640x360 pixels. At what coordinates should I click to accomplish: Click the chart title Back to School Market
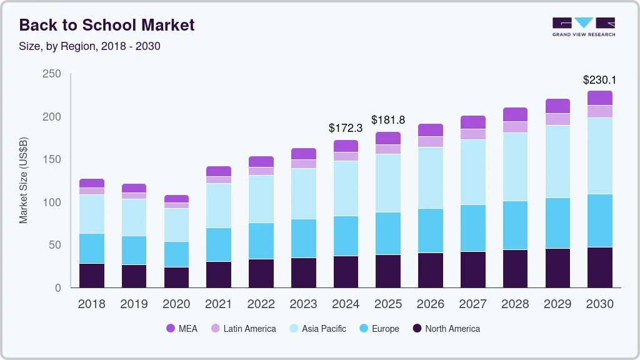coord(107,25)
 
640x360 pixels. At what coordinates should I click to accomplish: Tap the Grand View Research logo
coord(583,26)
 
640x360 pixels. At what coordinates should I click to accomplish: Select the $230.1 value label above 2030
coord(599,80)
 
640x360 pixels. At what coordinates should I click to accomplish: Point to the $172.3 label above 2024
coord(346,128)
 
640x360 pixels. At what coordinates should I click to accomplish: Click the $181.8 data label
coord(388,119)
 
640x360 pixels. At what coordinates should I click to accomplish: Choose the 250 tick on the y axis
coord(52,74)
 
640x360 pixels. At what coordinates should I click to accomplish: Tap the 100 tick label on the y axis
coord(52,202)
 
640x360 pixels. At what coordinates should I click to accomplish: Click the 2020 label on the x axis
coord(176,304)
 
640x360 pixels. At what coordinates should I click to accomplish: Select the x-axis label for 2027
coord(473,304)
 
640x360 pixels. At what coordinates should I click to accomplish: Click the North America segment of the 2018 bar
coord(92,276)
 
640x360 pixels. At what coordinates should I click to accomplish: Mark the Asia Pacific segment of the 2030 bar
coord(600,156)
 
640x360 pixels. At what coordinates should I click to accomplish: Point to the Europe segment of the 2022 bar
coord(261,241)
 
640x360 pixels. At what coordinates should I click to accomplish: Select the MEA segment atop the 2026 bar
coord(431,130)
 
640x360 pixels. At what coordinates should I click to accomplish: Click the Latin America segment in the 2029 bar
coord(557,119)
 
